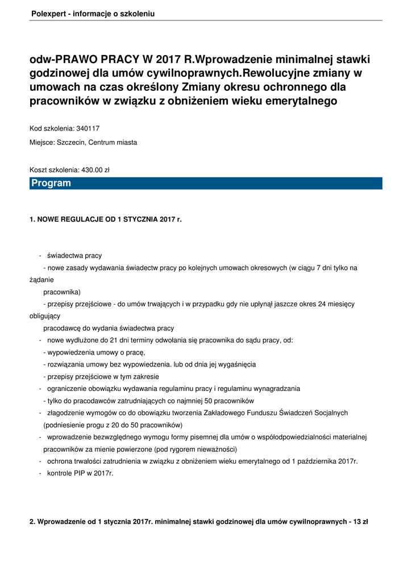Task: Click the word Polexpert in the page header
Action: [48, 13]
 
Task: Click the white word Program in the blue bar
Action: [51, 183]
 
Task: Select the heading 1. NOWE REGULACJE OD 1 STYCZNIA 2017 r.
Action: [106, 219]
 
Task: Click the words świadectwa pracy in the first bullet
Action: [74, 255]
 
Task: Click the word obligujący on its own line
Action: [45, 316]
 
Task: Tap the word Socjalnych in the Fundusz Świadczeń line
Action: [330, 413]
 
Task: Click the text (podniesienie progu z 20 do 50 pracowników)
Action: [113, 425]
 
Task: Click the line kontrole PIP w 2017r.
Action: [80, 473]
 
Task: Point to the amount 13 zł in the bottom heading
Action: [361, 522]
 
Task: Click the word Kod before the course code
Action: [36, 128]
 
